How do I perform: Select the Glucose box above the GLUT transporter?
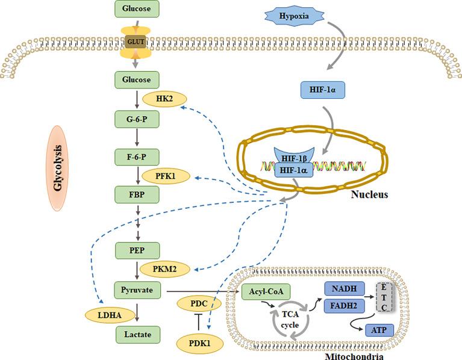point(136,8)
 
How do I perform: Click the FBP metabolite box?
point(136,194)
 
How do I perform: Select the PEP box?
point(136,249)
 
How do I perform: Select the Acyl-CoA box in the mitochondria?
point(266,293)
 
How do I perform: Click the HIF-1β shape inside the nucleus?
point(294,157)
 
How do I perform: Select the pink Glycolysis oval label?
point(59,167)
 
